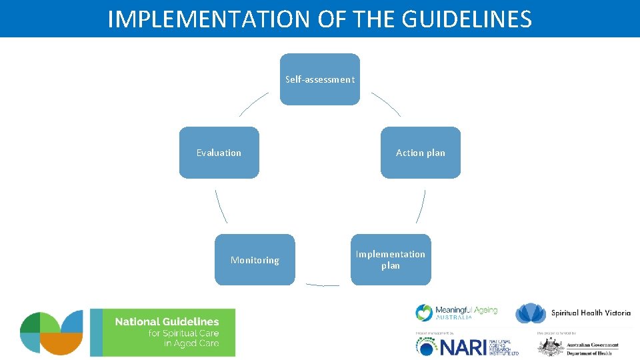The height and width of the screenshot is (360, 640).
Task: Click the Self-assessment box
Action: pyautogui.click(x=319, y=79)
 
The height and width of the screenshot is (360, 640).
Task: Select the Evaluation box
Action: pyautogui.click(x=219, y=153)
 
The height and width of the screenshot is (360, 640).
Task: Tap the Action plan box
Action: pyautogui.click(x=420, y=153)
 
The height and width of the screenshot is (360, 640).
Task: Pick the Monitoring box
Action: pyautogui.click(x=255, y=260)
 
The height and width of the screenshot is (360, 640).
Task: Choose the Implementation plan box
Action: pyautogui.click(x=391, y=259)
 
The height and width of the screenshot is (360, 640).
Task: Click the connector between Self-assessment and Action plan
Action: pyautogui.click(x=387, y=103)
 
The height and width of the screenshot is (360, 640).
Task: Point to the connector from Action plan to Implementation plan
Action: pyautogui.click(x=421, y=206)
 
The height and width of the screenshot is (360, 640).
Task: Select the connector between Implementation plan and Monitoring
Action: pyautogui.click(x=323, y=285)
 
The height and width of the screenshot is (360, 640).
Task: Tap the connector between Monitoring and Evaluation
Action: pyautogui.click(x=221, y=206)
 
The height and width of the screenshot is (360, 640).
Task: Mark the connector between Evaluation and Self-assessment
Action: pyautogui.click(x=253, y=103)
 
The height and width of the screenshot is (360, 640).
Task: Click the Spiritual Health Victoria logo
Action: pyautogui.click(x=574, y=313)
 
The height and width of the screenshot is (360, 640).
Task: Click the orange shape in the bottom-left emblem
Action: pyautogui.click(x=63, y=343)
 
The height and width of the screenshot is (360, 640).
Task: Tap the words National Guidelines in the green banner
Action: pyautogui.click(x=167, y=322)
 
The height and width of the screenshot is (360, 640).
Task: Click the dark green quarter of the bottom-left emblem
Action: pyautogui.click(x=31, y=323)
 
